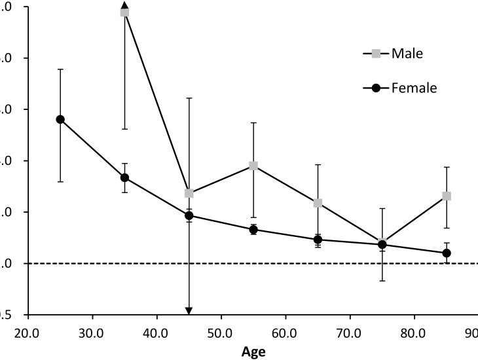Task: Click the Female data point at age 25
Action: point(60,119)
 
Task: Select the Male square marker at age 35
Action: point(124,12)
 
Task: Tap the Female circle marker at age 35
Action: point(124,177)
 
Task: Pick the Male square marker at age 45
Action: point(189,193)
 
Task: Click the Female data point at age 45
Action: point(189,215)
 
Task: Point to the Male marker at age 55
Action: point(253,166)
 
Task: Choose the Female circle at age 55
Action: point(253,229)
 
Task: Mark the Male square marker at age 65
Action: point(318,203)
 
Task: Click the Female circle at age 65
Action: point(318,240)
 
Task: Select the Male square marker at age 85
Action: point(447,196)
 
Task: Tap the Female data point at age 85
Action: point(447,253)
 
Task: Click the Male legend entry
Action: point(393,53)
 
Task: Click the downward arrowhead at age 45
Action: point(189,310)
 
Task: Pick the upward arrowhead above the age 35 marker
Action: point(124,6)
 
